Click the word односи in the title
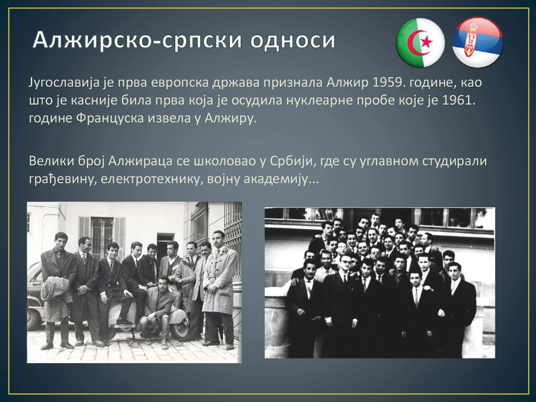[293, 40]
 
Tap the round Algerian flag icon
[421, 42]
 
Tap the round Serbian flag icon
[477, 42]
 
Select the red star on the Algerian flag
[426, 42]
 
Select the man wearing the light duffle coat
[219, 287]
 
